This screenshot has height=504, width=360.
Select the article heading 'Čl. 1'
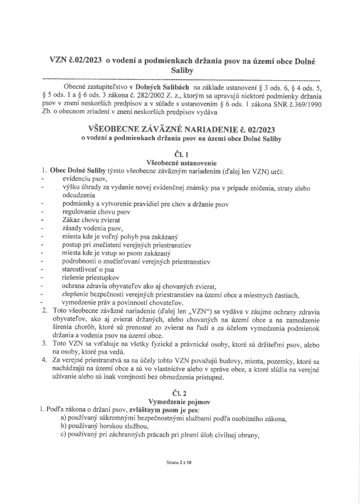pos(180,154)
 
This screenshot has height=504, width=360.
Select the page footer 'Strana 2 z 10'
pos(179,462)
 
